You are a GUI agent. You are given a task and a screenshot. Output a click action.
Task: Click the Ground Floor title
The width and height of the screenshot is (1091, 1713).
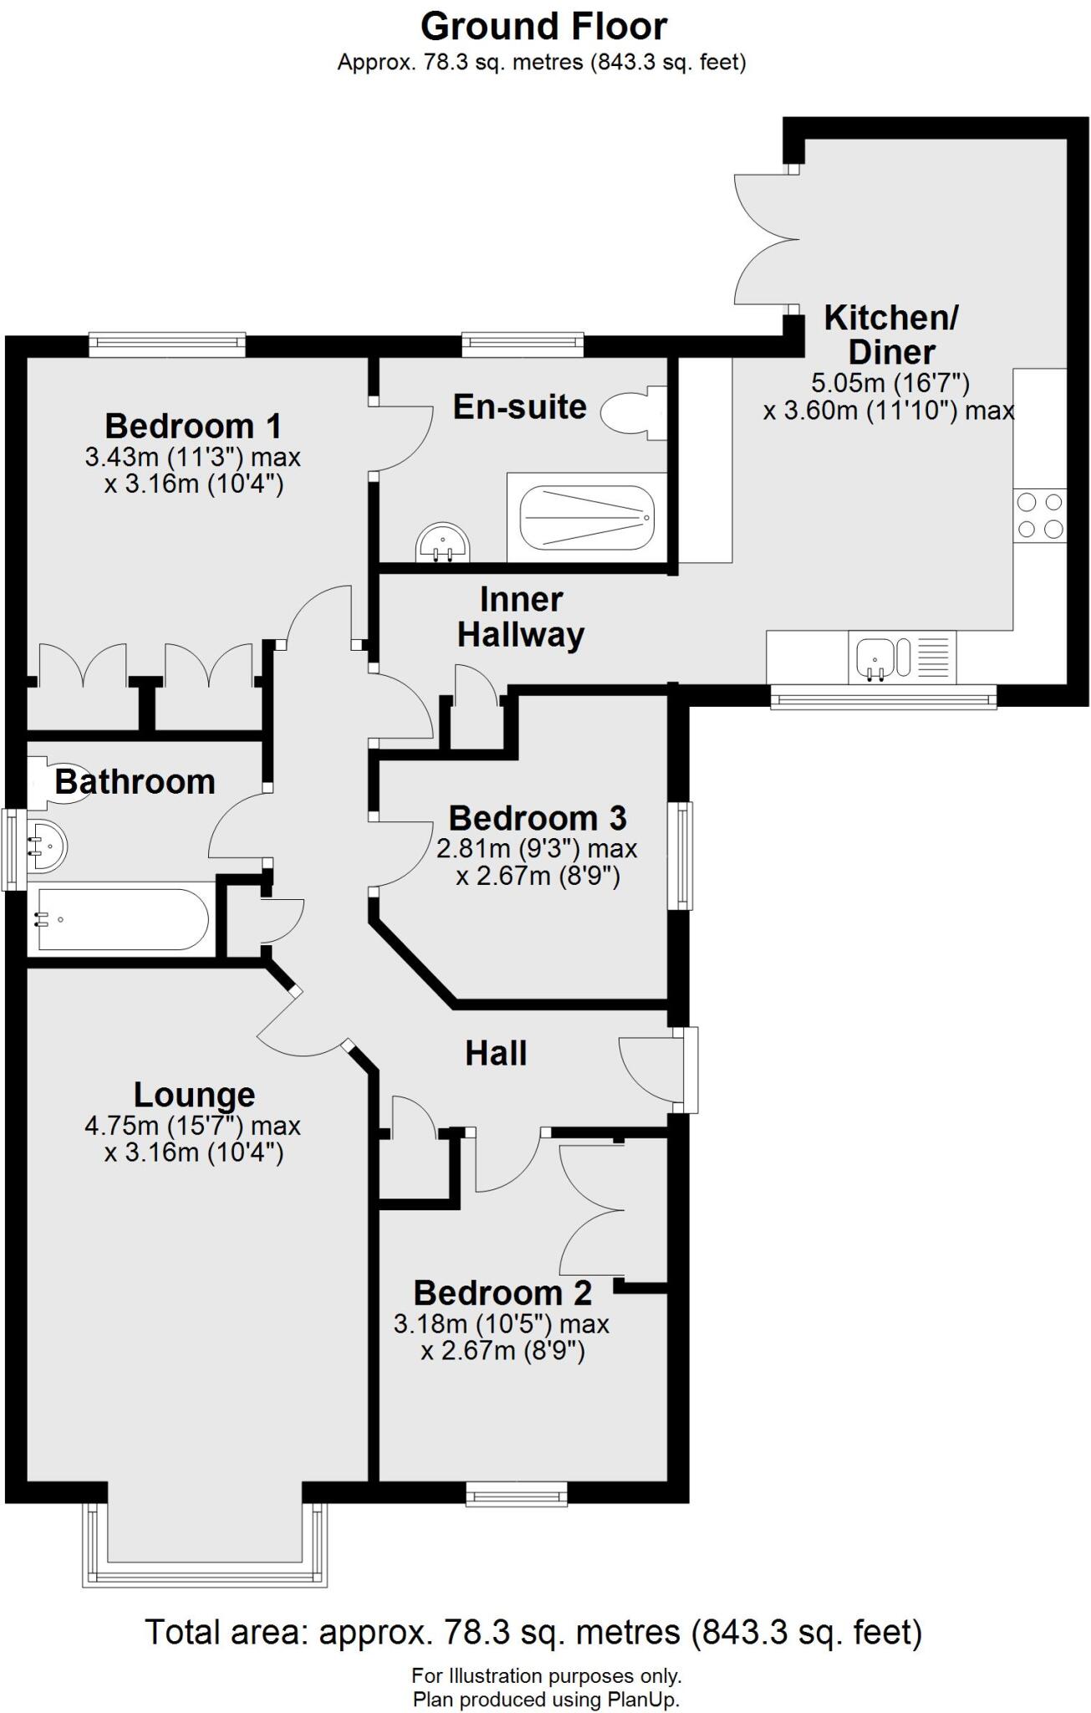point(543,27)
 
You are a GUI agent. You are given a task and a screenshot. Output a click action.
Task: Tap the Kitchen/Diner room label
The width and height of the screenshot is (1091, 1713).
point(890,335)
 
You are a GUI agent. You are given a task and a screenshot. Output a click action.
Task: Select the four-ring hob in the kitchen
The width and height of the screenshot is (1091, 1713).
point(1040,515)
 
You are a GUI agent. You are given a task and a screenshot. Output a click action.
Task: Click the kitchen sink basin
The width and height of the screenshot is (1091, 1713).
point(875,657)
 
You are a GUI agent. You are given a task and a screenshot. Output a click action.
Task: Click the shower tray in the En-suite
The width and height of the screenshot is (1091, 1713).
point(586,519)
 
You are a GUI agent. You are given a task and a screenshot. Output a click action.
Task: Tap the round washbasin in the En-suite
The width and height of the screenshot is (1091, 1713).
point(443,544)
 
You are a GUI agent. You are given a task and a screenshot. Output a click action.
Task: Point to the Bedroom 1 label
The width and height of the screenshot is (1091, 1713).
point(192,426)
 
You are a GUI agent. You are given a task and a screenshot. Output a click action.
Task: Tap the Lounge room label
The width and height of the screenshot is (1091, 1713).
point(194,1094)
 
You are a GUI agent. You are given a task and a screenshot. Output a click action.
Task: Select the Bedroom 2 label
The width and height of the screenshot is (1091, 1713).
point(502,1292)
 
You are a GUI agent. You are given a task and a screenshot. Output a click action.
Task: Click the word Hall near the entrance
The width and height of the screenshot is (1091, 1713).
point(496,1053)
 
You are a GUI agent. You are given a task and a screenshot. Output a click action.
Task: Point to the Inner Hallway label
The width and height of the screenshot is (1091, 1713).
point(520,617)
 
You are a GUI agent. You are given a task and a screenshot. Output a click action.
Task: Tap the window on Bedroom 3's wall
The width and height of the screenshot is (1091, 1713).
point(685,855)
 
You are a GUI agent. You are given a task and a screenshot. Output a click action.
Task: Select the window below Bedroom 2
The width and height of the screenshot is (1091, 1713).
point(516,1492)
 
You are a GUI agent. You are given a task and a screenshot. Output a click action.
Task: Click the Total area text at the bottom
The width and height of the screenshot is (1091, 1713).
point(533,1632)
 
